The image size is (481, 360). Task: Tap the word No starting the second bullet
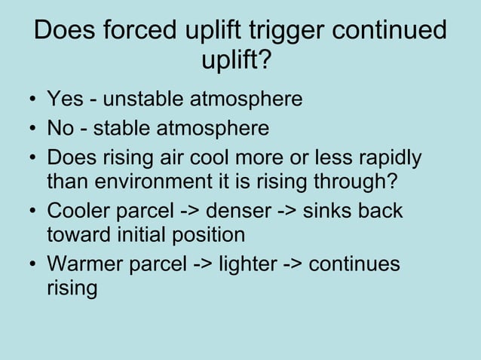click(x=60, y=129)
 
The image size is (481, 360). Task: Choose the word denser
click(x=244, y=212)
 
